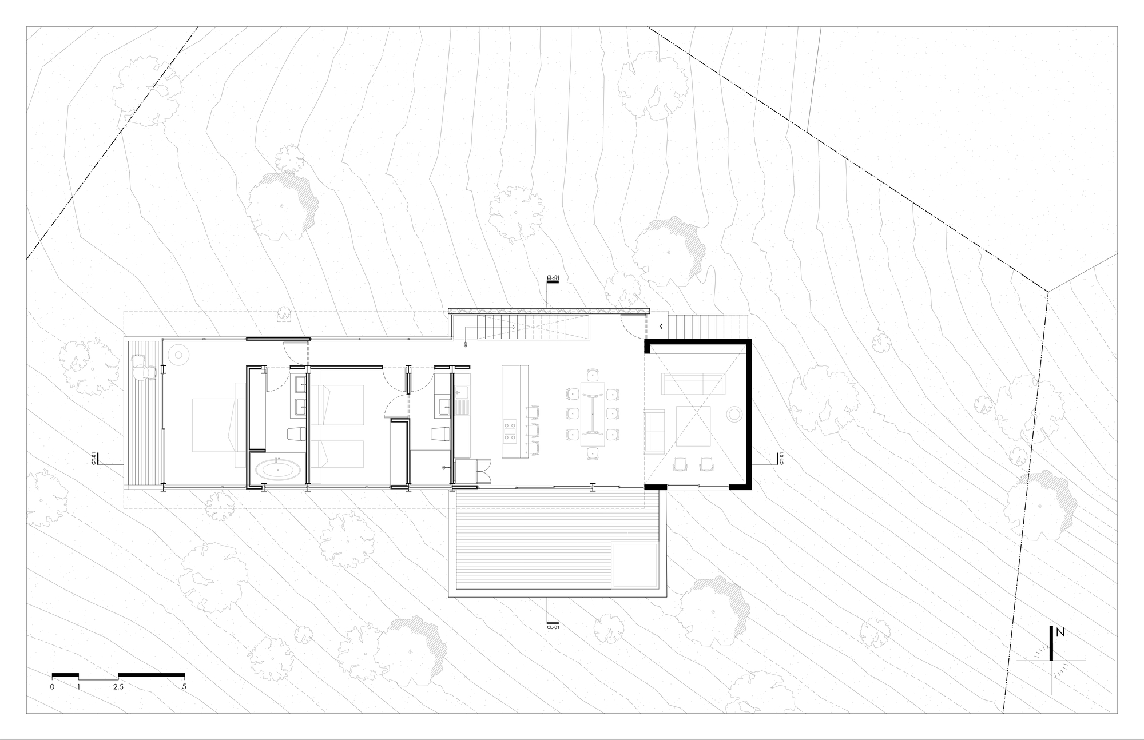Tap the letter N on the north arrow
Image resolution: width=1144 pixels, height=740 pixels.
1060,633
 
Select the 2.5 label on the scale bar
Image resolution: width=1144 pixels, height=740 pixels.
118,687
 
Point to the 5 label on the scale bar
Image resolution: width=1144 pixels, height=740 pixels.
184,687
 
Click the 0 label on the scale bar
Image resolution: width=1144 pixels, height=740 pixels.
52,687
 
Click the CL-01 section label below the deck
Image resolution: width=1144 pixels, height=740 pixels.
553,627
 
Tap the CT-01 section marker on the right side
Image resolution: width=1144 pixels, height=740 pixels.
781,460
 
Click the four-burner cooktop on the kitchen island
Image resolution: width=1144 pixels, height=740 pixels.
510,432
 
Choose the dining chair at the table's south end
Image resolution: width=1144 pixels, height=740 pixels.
592,453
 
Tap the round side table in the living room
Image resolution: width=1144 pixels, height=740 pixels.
733,413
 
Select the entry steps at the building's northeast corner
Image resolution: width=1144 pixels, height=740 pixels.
709,327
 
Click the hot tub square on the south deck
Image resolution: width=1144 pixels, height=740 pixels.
634,564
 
